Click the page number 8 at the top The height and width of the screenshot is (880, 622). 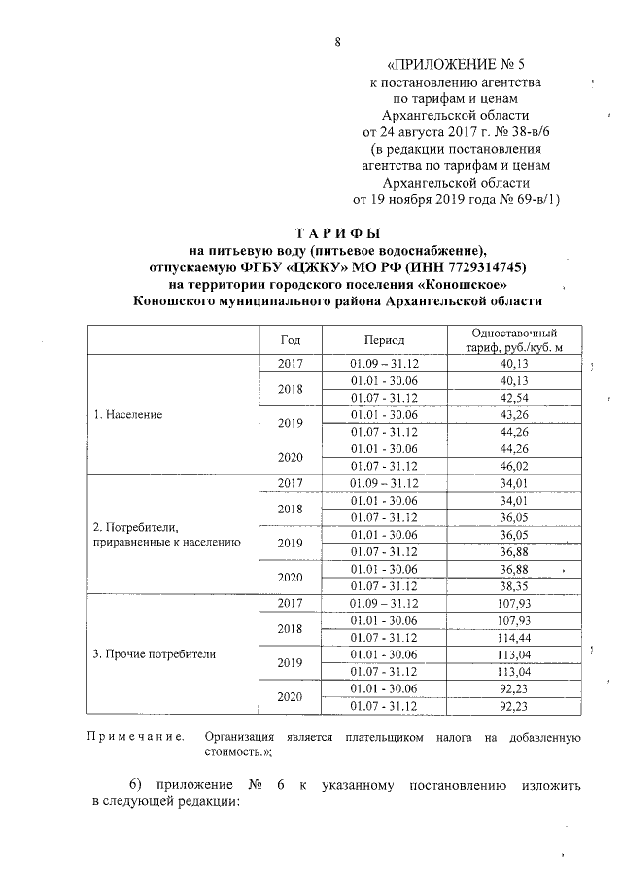[x=337, y=41]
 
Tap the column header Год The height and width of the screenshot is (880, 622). [x=290, y=340]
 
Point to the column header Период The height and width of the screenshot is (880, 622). [x=384, y=340]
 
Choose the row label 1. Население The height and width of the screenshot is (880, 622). [x=127, y=414]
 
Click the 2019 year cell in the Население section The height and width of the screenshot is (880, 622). [x=290, y=423]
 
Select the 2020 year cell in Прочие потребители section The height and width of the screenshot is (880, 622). [x=290, y=697]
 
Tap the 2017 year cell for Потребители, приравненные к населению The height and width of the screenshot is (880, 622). [x=290, y=482]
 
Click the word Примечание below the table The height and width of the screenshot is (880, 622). [x=136, y=738]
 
